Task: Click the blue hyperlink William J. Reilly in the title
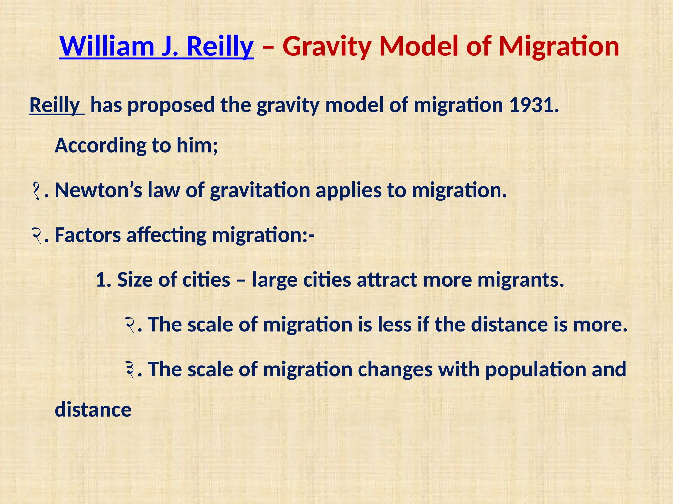click(156, 47)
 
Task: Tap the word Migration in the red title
click(559, 47)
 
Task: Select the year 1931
click(531, 105)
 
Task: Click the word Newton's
click(98, 190)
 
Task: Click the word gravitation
click(260, 190)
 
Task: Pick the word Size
click(134, 280)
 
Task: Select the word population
click(536, 370)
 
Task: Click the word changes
click(395, 370)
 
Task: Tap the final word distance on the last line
click(93, 410)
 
